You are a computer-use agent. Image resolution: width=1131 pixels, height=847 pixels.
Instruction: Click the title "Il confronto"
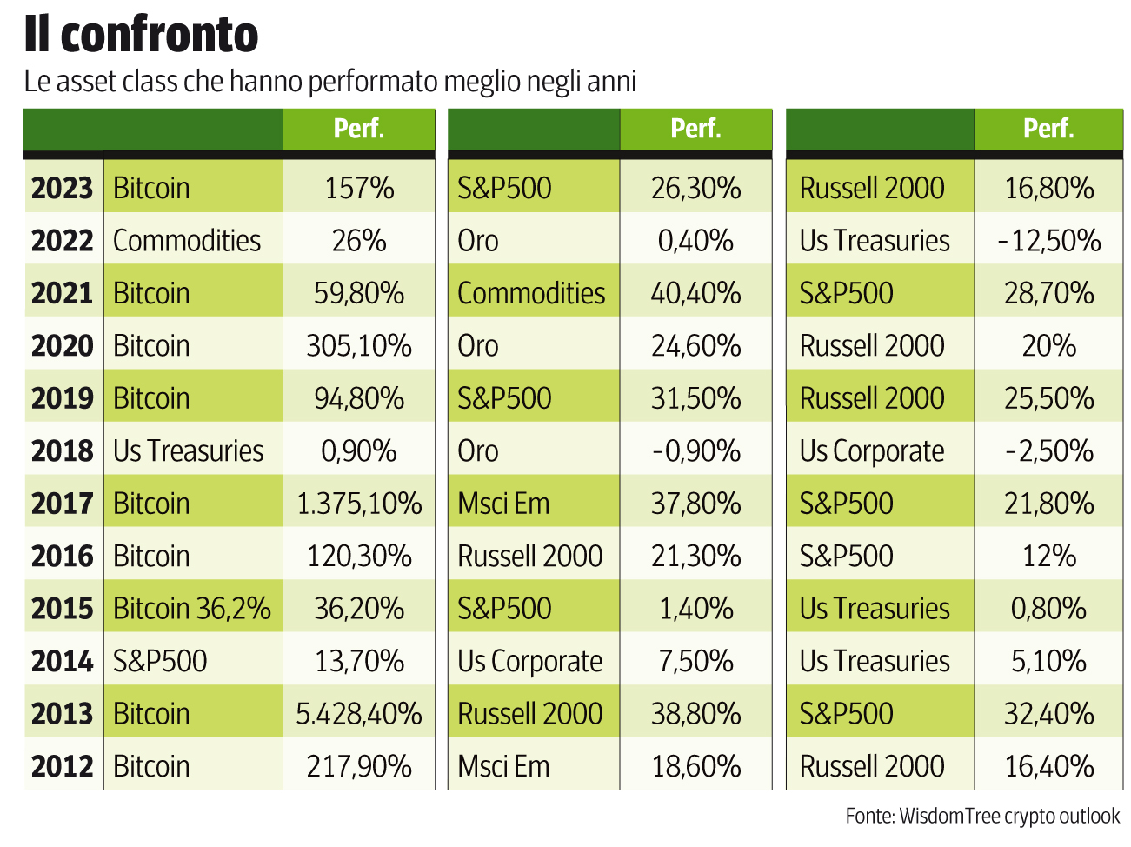tap(141, 35)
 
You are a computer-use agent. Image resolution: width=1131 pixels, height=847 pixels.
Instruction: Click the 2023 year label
tap(62, 188)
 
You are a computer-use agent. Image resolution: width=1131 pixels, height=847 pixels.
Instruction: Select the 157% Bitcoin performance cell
tap(358, 188)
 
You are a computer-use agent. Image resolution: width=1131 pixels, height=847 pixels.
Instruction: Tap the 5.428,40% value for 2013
tap(358, 714)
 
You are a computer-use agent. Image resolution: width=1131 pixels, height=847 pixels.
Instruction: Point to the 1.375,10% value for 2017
tap(358, 504)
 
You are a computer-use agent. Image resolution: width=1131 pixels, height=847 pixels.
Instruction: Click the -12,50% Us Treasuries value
tap(1048, 241)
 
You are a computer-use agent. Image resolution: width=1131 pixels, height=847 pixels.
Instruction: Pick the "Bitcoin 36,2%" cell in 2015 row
tap(192, 609)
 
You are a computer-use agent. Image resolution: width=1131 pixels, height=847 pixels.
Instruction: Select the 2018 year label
tap(62, 451)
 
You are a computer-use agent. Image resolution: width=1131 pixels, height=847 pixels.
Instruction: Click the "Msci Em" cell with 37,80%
tap(503, 504)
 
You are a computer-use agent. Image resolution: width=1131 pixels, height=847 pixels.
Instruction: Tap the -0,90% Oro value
tap(695, 451)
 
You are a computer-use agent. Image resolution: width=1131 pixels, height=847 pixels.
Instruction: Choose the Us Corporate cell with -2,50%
tap(871, 451)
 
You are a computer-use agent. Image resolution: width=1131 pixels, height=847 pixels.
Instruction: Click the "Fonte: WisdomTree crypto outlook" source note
tap(982, 816)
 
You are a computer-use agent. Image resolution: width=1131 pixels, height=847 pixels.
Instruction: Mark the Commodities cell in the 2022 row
tap(187, 241)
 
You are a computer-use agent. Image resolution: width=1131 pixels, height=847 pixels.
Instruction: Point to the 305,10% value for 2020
tap(358, 346)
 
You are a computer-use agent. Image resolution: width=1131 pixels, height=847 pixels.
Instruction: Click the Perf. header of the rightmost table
tap(1048, 129)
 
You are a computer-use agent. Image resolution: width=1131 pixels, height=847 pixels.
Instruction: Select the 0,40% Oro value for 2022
tap(695, 241)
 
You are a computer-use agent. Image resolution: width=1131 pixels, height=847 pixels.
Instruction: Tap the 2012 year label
tap(62, 766)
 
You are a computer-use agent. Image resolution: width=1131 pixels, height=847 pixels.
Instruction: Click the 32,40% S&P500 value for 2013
tap(1048, 714)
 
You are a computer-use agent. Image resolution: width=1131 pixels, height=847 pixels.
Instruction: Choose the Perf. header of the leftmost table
tap(358, 129)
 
